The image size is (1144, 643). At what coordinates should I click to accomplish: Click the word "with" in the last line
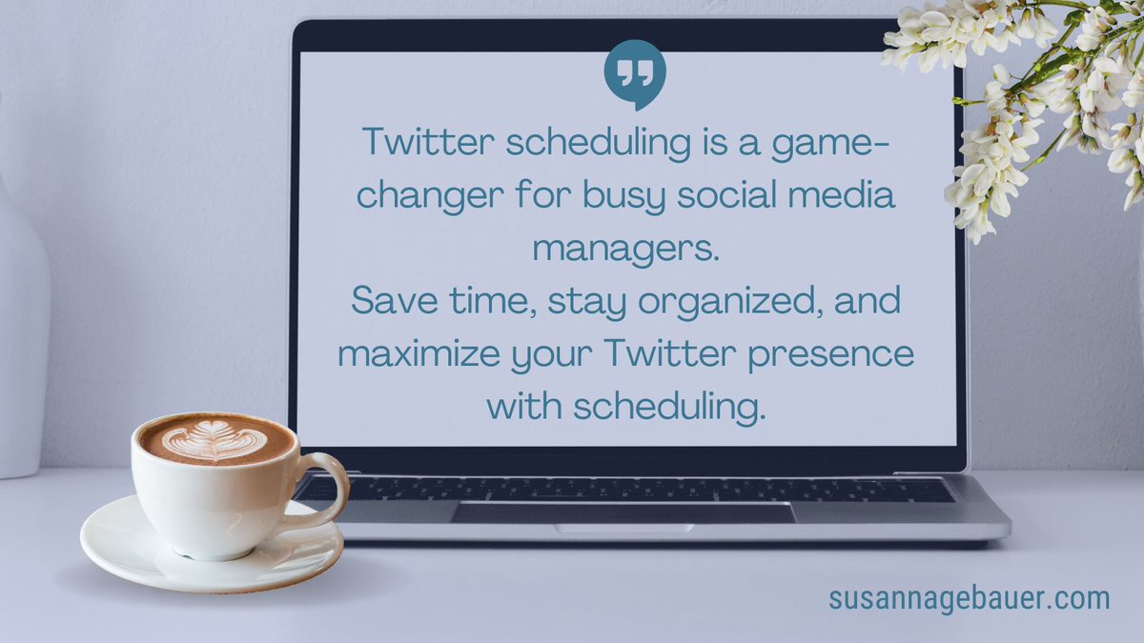[524, 407]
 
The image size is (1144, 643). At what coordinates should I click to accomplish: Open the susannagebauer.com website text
[969, 598]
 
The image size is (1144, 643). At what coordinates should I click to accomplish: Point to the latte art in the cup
[214, 440]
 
